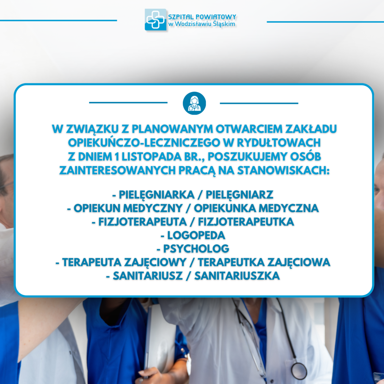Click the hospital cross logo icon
[x=156, y=20]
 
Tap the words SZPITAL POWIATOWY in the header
[x=202, y=17]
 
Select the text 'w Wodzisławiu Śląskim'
[x=202, y=24]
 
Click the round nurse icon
[x=194, y=103]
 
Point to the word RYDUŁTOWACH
[x=279, y=143]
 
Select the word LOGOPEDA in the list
[x=196, y=235]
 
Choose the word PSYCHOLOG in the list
[x=196, y=249]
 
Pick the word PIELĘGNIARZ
[x=239, y=195]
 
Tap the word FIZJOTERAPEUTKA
[x=246, y=222]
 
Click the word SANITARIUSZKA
[x=237, y=276]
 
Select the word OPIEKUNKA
[x=225, y=208]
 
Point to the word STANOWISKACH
[x=283, y=170]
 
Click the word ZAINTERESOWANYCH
[x=117, y=170]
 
